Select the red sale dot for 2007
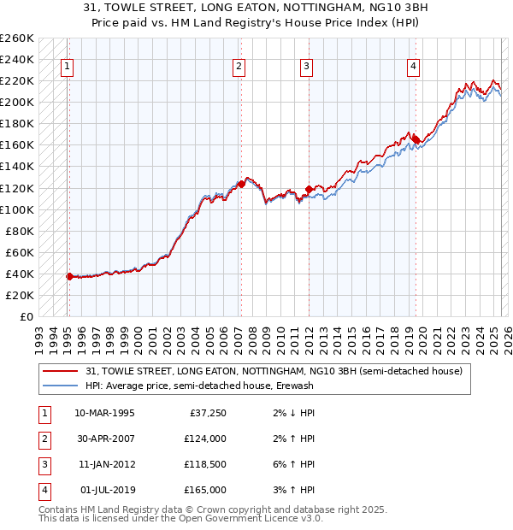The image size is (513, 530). point(241,183)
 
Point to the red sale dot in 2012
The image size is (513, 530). point(309,189)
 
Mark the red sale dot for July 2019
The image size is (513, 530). point(415,138)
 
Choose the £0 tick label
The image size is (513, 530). point(26,316)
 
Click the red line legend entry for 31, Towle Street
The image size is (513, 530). point(274,371)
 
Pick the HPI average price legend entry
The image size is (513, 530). point(199,386)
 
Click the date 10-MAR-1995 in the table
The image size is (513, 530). point(105,413)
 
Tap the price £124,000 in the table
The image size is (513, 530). point(205,439)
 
